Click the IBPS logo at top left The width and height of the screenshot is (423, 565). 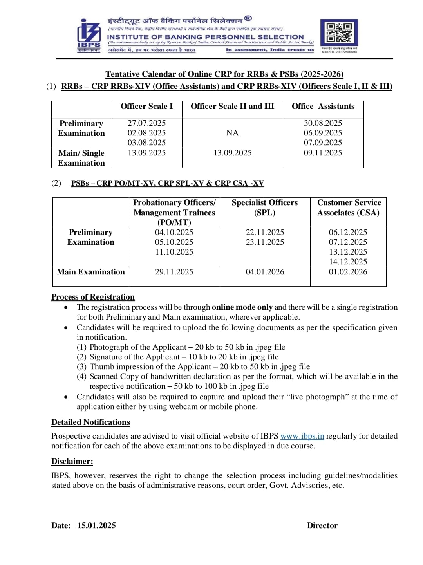click(89, 35)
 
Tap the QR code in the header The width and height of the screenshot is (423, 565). click(339, 32)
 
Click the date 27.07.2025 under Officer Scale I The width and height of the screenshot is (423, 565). click(147, 123)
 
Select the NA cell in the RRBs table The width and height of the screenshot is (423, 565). click(232, 133)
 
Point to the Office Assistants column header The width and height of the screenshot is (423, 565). click(323, 107)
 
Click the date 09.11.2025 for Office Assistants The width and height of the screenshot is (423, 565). click(323, 153)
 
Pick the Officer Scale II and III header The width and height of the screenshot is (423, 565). click(232, 107)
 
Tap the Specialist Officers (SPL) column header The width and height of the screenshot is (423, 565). click(265, 208)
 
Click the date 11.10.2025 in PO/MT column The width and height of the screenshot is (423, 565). click(174, 252)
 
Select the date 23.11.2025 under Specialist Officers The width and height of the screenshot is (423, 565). click(265, 242)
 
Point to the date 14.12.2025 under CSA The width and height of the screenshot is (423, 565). click(348, 262)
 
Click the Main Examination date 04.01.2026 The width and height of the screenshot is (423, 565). click(265, 272)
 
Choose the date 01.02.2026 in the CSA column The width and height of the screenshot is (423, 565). click(348, 272)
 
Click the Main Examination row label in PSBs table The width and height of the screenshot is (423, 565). click(90, 272)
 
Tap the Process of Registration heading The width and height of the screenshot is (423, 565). click(93, 297)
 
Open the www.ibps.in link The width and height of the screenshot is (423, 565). click(302, 436)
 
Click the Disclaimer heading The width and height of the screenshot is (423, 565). click(72, 461)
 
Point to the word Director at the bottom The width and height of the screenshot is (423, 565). click(322, 525)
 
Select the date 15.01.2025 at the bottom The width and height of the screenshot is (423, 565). click(96, 525)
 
